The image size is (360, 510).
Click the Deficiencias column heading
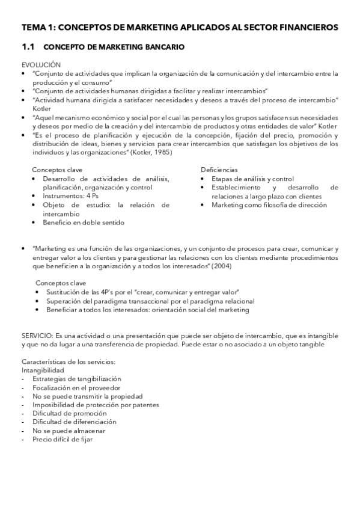pyautogui.click(x=219, y=170)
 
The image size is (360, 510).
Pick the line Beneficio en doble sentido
pyautogui.click(x=83, y=222)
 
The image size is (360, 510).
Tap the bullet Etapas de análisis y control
pyautogui.click(x=252, y=179)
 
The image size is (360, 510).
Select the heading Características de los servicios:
pyautogui.click(x=68, y=361)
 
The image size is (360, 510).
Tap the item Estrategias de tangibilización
pyautogui.click(x=76, y=379)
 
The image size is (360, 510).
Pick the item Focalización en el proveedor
pyautogui.click(x=75, y=388)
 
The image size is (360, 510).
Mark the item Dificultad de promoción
pyautogui.click(x=68, y=414)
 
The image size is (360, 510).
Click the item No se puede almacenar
pyautogui.click(x=69, y=431)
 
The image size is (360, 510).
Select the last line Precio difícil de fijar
pyautogui.click(x=63, y=440)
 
